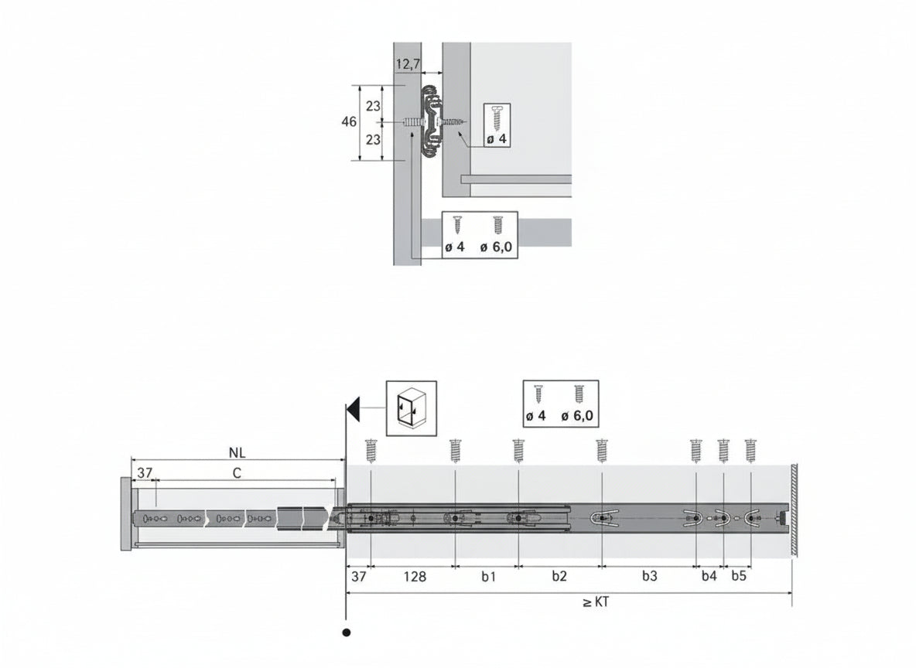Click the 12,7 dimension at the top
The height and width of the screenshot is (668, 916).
(408, 63)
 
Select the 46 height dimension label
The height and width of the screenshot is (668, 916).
(349, 122)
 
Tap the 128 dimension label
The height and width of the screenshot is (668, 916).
(415, 577)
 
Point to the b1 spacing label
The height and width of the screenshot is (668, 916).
(488, 576)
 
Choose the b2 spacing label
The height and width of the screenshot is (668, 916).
(559, 576)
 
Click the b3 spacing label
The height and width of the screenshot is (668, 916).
(650, 576)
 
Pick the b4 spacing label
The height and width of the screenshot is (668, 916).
(709, 576)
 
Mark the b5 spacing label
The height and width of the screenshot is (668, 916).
(739, 576)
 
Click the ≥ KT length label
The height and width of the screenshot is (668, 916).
(596, 602)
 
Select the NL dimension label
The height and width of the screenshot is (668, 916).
(238, 452)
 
